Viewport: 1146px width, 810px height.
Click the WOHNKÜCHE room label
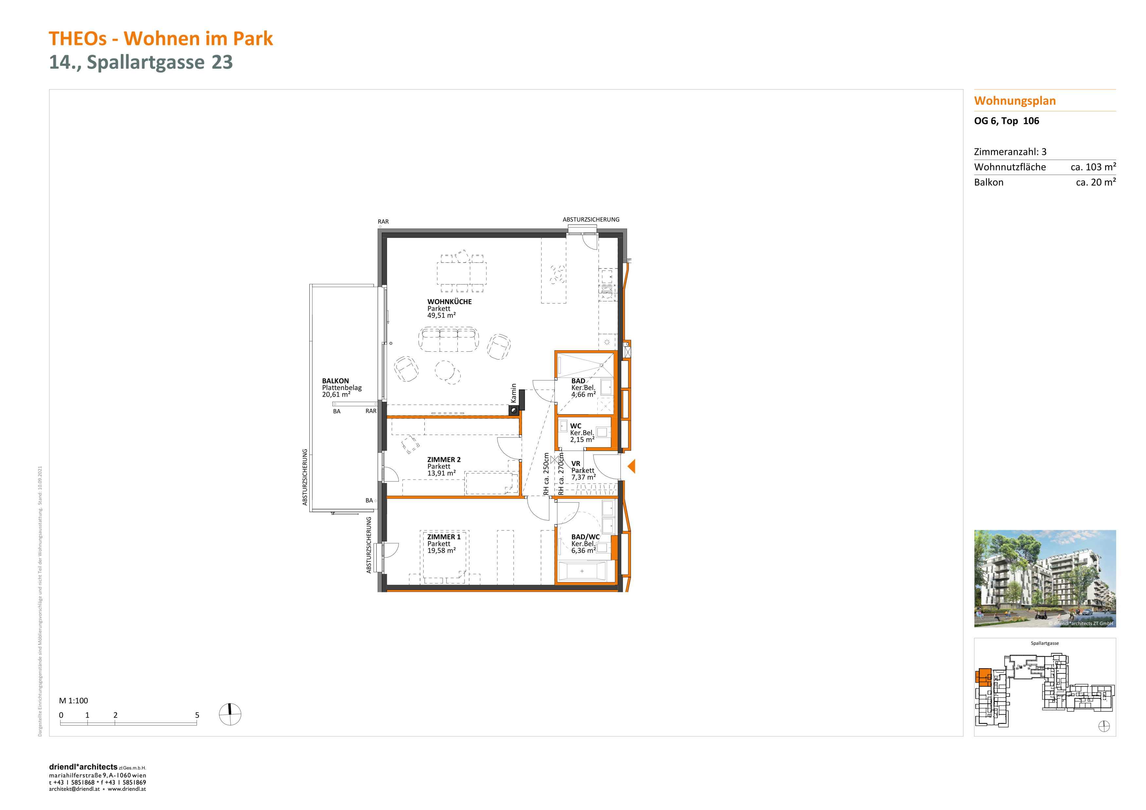coord(449,302)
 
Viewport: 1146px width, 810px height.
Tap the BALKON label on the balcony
coord(335,381)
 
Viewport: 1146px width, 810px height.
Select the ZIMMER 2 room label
coord(444,460)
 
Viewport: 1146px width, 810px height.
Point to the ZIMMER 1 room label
coord(444,537)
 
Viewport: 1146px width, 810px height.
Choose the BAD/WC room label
coord(585,537)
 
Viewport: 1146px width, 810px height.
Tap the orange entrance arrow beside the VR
coord(631,467)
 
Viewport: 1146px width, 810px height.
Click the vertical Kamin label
coord(514,393)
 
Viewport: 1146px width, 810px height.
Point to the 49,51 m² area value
coord(441,315)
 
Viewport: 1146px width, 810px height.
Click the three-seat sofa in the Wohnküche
coord(448,340)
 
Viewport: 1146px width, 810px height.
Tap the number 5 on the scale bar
coord(197,715)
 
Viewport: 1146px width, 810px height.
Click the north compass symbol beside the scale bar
coord(230,714)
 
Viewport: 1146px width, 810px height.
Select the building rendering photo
coord(1045,579)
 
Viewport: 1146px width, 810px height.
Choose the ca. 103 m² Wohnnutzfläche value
coord(1093,167)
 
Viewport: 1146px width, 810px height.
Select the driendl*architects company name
coord(83,767)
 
